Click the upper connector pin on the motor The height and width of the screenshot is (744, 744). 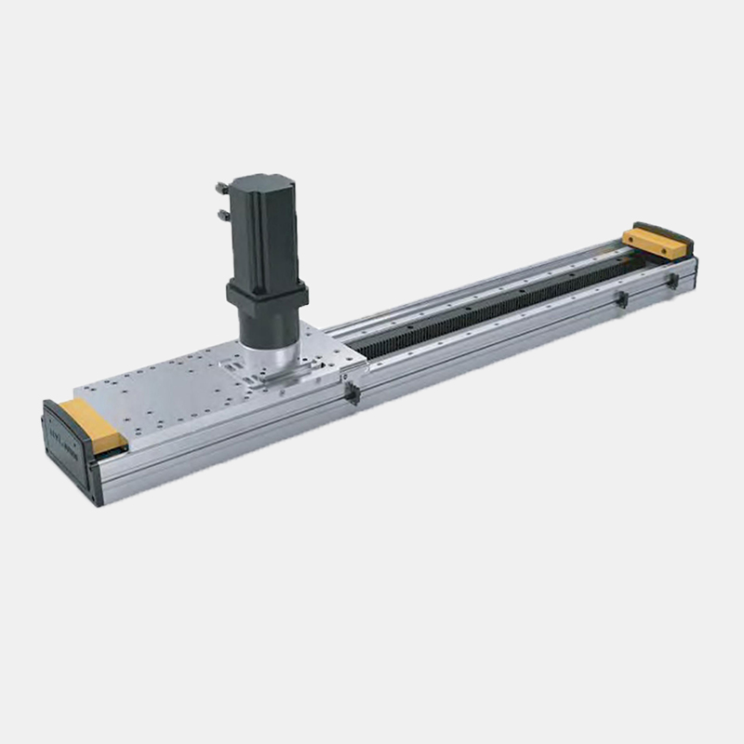[x=221, y=187]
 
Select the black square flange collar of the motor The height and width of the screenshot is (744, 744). [x=267, y=295]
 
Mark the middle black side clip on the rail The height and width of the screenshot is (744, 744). [x=620, y=299]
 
